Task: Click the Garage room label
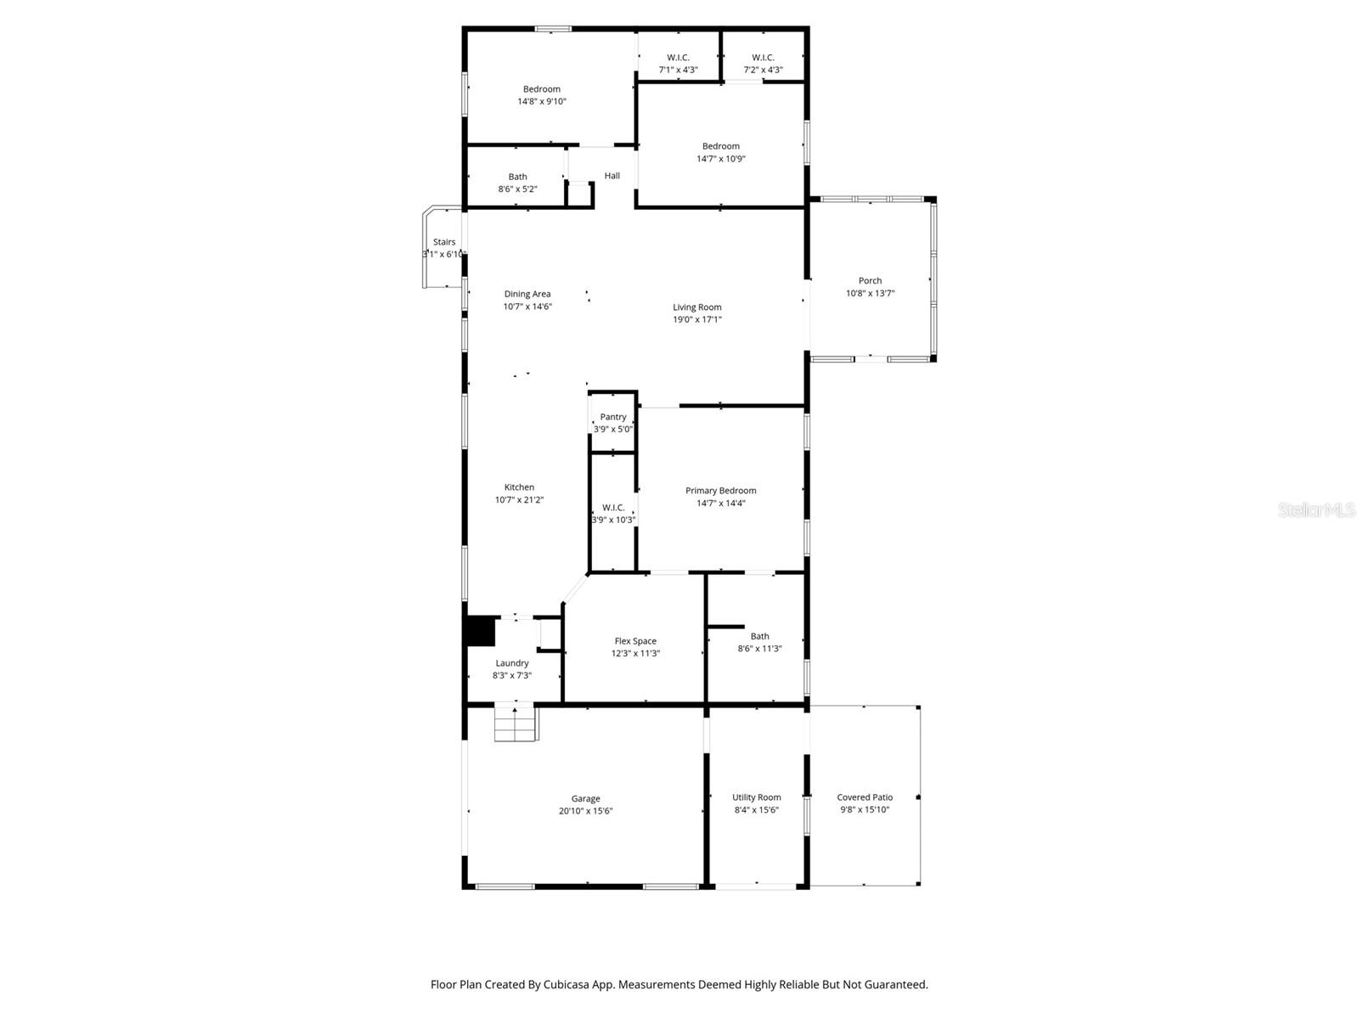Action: click(585, 798)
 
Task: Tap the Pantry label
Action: click(613, 417)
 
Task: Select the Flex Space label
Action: click(635, 641)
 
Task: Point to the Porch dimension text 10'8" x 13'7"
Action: click(870, 293)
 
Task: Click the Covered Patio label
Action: click(865, 797)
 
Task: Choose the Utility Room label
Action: click(756, 797)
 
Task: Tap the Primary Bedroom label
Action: click(720, 490)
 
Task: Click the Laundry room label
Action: click(512, 663)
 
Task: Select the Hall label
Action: click(612, 176)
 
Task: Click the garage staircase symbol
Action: click(516, 723)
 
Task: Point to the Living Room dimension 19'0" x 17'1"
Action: click(696, 319)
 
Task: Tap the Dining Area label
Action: click(527, 294)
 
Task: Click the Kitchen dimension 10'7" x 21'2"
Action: click(519, 500)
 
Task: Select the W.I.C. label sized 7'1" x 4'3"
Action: click(678, 58)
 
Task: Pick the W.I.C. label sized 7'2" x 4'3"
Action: click(763, 58)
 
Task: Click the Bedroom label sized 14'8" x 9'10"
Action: click(541, 89)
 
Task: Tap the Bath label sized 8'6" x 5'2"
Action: click(517, 177)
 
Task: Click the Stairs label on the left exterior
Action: click(443, 242)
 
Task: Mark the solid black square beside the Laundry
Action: click(480, 631)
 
